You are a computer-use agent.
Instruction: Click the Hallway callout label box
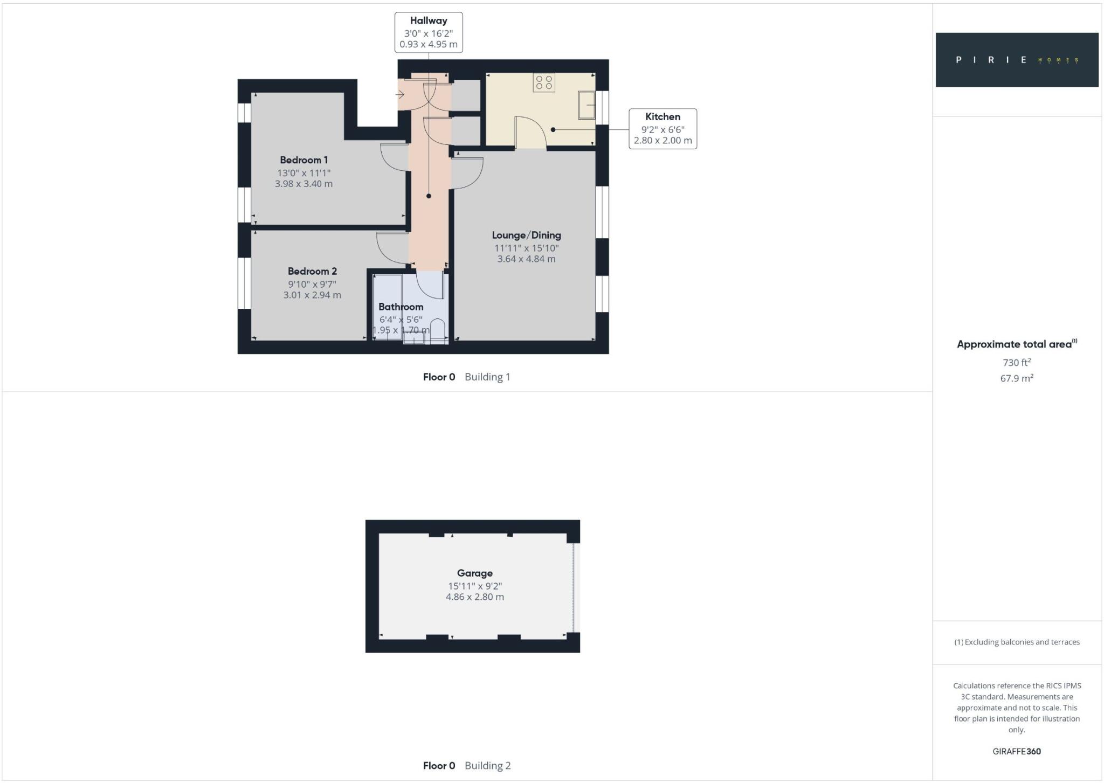[429, 33]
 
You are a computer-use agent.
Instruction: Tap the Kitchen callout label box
[663, 129]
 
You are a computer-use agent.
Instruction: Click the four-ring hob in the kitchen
[544, 82]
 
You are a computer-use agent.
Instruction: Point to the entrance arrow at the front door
[400, 95]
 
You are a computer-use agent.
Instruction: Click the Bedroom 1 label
[303, 160]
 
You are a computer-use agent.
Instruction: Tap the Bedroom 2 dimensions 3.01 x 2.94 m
[312, 295]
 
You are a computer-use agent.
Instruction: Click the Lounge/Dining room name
[526, 235]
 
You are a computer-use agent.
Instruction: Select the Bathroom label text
[401, 307]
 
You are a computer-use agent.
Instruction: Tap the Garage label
[474, 573]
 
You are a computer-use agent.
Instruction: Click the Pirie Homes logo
[1017, 60]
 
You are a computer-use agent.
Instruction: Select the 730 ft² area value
[1017, 363]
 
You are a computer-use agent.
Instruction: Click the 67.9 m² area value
[1017, 378]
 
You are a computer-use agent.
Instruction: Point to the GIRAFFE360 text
[1017, 751]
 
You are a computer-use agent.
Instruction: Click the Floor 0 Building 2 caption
[466, 765]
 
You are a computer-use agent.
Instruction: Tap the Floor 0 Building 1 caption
[466, 377]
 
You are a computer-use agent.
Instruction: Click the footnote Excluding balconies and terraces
[1017, 642]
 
